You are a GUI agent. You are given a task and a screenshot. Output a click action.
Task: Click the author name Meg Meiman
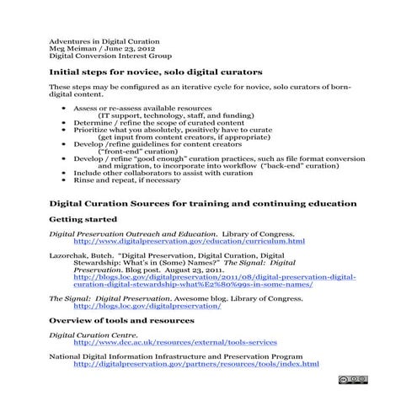72,49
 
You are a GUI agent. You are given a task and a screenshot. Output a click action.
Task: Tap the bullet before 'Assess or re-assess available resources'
65,110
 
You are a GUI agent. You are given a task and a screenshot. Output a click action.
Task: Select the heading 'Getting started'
83,219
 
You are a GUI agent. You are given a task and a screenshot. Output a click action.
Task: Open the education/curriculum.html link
189,241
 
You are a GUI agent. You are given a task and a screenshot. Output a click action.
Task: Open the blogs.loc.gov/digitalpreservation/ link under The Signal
147,306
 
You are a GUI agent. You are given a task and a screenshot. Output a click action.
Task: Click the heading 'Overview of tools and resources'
121,321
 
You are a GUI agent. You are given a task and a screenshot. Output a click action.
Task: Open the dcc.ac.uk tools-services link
174,343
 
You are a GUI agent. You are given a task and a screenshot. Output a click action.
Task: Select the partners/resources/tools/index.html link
195,364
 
